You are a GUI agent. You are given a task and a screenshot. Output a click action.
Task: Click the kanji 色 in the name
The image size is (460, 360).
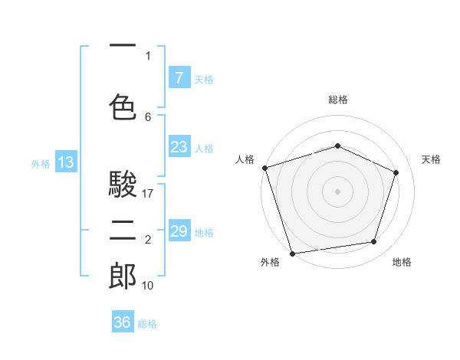tap(123, 106)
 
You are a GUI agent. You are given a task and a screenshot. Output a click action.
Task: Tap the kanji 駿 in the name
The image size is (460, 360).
tap(123, 185)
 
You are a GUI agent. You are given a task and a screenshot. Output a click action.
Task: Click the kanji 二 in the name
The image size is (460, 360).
tap(123, 230)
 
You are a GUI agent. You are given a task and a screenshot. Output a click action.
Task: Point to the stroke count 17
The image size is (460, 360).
tap(149, 194)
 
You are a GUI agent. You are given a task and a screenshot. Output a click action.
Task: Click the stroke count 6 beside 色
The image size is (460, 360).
tap(148, 117)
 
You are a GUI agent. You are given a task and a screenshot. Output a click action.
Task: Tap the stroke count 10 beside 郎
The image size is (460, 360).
tap(149, 286)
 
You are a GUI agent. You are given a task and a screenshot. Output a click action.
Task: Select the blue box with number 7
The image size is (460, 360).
tap(179, 77)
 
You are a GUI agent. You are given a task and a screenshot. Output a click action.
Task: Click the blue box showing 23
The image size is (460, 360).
tap(179, 147)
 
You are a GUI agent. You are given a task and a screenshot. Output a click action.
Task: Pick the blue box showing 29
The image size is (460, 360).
tap(179, 231)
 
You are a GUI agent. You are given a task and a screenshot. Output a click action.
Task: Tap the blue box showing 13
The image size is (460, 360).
tap(65, 162)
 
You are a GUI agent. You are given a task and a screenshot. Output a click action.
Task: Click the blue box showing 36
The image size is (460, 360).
tap(122, 322)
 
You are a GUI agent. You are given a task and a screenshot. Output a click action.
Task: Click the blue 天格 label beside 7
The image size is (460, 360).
tap(203, 79)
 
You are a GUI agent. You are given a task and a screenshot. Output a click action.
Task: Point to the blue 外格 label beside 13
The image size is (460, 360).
tap(41, 163)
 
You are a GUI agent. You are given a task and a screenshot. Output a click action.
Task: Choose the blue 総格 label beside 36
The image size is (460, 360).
tap(147, 324)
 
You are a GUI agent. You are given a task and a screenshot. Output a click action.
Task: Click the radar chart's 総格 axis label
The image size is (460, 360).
tap(337, 100)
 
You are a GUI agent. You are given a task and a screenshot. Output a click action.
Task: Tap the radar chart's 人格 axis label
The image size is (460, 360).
tap(245, 159)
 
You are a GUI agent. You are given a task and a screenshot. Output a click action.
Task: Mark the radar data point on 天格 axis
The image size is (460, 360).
tap(396, 172)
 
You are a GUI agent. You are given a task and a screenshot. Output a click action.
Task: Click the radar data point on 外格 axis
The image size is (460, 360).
tap(292, 252)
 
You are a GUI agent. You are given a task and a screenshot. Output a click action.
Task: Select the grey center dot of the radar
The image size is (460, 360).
tap(337, 191)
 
